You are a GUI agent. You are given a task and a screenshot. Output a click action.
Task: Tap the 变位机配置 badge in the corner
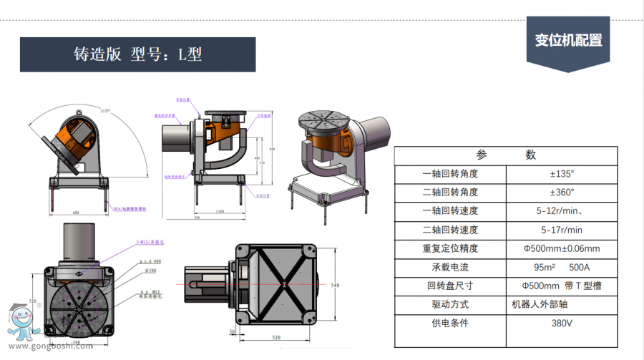click(568, 40)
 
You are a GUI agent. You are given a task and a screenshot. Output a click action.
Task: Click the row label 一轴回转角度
click(450, 174)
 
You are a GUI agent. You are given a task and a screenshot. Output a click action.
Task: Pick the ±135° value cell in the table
click(561, 174)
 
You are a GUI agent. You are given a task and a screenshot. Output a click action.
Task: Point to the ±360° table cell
click(561, 193)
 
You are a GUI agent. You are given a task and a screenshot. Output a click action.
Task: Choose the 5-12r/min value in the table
click(562, 211)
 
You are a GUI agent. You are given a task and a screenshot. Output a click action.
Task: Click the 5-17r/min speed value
click(561, 230)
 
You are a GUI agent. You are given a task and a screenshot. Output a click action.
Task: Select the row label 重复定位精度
click(450, 248)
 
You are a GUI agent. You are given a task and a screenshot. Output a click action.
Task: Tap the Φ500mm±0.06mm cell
click(561, 248)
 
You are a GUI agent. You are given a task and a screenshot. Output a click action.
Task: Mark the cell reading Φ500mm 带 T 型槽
click(561, 286)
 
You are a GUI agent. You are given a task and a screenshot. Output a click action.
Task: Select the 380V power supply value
click(561, 323)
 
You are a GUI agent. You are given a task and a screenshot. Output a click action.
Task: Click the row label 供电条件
click(450, 323)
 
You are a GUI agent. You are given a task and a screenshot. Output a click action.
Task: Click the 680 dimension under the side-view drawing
click(76, 212)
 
